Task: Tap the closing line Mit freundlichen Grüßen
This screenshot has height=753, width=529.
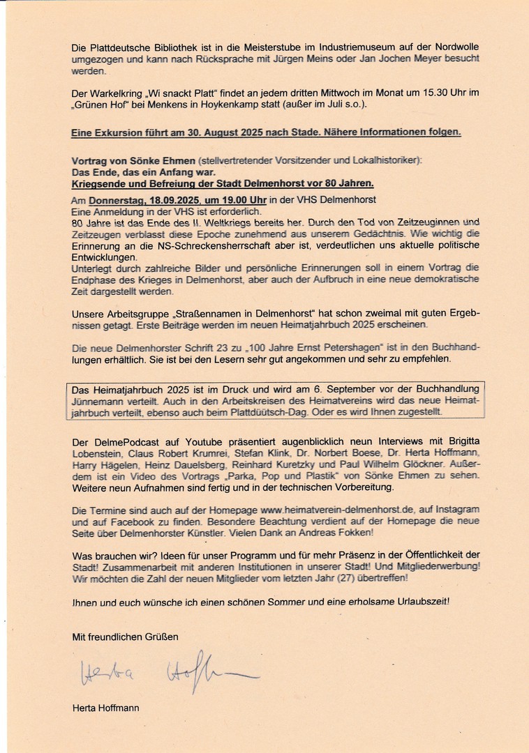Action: [125, 637]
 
